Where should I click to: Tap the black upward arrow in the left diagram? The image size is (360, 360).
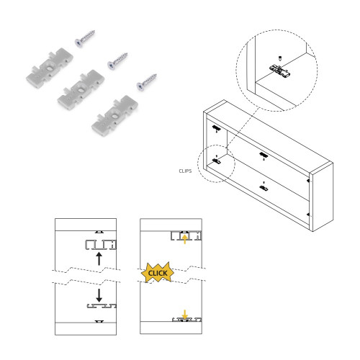pos(98,259)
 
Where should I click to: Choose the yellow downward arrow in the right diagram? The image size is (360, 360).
pos(184,314)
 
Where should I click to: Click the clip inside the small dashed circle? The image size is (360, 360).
pos(217,161)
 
